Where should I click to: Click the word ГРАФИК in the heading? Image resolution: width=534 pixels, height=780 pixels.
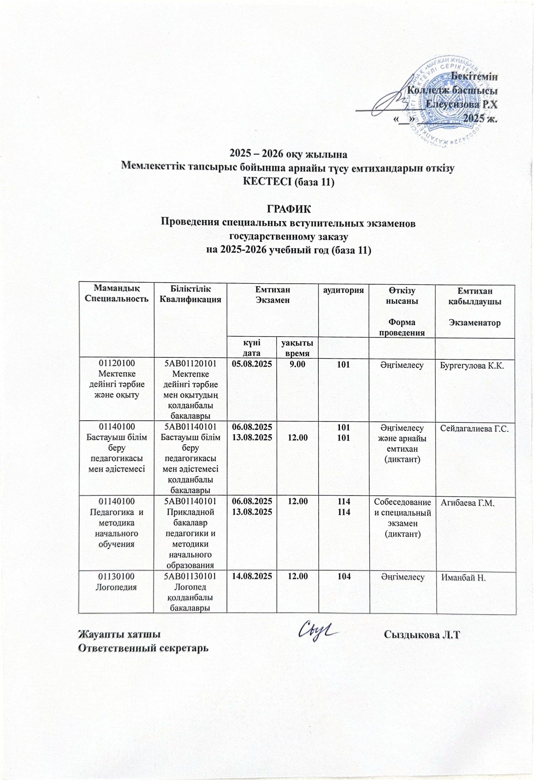coord(288,209)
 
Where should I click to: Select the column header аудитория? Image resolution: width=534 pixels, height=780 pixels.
coord(343,290)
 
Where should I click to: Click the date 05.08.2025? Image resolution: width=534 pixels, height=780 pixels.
coord(252,364)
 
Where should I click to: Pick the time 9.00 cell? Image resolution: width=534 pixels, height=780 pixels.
coord(297,364)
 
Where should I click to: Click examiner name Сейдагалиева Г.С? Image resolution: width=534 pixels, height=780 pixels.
coord(475,428)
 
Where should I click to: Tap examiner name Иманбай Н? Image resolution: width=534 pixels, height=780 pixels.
coord(463,578)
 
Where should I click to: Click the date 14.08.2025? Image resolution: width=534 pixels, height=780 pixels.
coord(252,576)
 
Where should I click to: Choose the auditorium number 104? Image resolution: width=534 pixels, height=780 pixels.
coord(344,576)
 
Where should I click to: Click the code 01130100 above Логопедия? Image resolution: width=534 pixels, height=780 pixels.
coord(116,576)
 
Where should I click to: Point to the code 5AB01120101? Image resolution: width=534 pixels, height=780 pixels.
coord(190,364)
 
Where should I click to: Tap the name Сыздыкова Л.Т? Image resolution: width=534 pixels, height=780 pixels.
coord(422,634)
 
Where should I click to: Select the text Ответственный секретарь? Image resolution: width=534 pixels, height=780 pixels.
coord(143,647)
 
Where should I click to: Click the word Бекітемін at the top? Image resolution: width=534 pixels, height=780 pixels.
coord(474,76)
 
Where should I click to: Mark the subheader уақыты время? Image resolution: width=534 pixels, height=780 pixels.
coord(297,348)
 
